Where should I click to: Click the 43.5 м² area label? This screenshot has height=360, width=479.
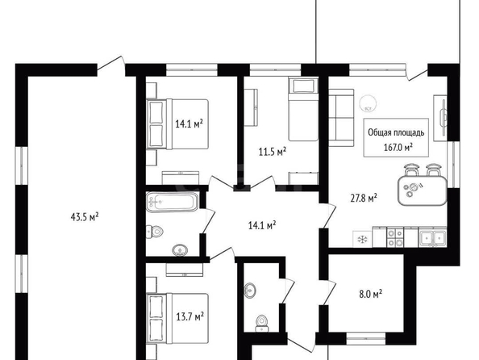85,217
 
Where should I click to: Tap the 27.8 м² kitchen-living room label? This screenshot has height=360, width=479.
364,198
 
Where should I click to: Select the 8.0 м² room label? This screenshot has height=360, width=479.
371,295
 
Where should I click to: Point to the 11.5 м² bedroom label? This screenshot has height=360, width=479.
273,152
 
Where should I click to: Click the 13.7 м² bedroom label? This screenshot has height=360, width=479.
190,316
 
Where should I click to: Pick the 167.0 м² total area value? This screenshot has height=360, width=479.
398,148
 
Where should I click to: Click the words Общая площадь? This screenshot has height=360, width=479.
396,132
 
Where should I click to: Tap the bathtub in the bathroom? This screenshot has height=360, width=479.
172,202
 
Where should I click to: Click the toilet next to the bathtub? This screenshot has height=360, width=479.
154,232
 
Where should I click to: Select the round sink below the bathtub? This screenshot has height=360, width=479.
180,250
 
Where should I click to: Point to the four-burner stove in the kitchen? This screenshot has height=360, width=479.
395,238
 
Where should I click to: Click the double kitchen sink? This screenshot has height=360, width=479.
432,237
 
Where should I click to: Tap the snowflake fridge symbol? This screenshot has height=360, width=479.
363,239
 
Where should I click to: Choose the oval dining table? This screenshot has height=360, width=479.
423,190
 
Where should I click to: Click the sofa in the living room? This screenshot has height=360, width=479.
341,118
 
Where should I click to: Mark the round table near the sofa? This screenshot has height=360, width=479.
368,103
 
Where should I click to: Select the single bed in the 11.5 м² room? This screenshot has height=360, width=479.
303,109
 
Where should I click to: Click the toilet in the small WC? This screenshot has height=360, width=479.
261,324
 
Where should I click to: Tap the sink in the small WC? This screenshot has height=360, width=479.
250,290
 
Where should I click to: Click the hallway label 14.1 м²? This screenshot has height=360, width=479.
262,226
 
